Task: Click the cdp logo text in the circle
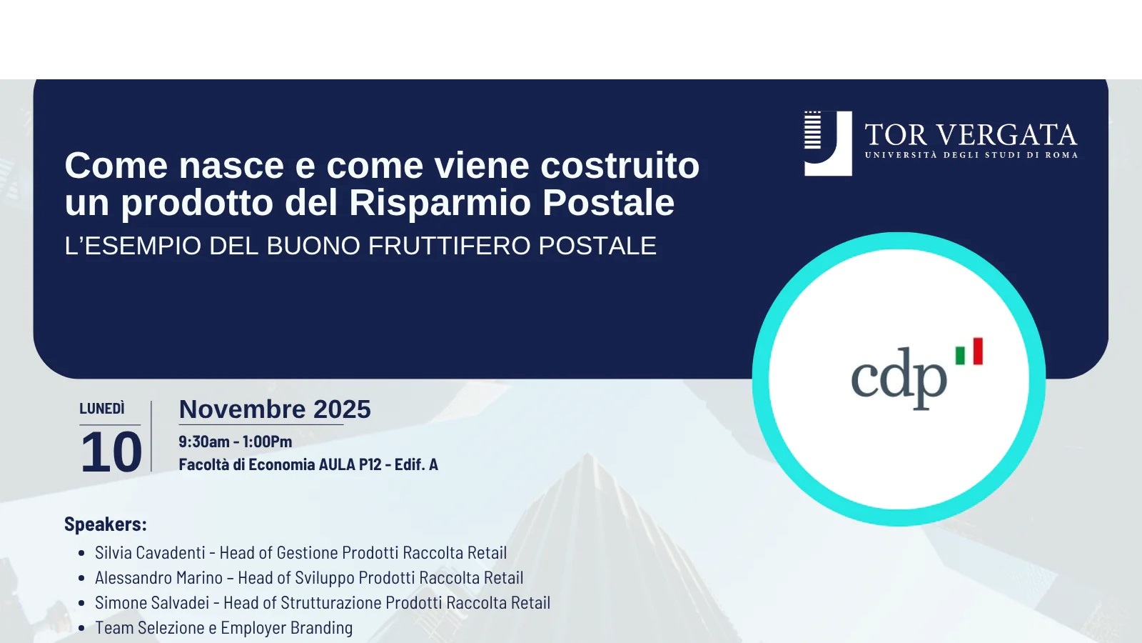point(899,379)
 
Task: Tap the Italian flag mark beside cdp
point(969,351)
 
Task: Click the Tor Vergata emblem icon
point(828,144)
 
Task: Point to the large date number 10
point(111,452)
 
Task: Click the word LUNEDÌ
point(102,408)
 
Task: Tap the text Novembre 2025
point(275,409)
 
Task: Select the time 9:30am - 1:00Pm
point(236,442)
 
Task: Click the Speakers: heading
point(106,524)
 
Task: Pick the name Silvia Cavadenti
point(150,552)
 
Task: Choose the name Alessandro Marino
point(158,577)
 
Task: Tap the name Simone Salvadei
point(152,602)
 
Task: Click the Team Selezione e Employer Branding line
point(224,628)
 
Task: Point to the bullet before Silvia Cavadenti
point(81,553)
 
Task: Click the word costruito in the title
point(620,165)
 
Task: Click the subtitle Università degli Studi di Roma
point(971,155)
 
